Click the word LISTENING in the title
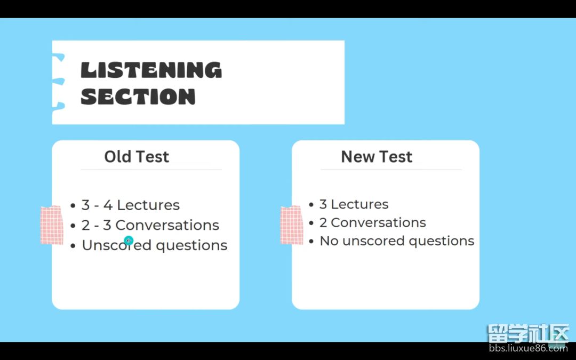click(x=151, y=70)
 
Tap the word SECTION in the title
click(x=138, y=97)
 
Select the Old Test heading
click(x=137, y=156)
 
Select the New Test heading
click(x=377, y=156)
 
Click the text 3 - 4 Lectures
click(x=131, y=205)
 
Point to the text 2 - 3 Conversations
click(x=150, y=225)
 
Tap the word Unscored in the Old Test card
click(x=116, y=245)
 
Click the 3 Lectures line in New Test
click(x=354, y=204)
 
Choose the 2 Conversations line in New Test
click(x=372, y=222)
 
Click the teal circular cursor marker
click(x=129, y=241)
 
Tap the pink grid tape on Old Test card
click(x=52, y=225)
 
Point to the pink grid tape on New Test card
click(x=292, y=225)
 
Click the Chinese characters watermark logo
click(x=528, y=333)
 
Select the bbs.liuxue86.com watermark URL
click(x=528, y=348)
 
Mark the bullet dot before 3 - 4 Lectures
click(x=73, y=205)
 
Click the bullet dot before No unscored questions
click(x=311, y=242)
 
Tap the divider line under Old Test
click(x=151, y=170)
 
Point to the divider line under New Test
click(x=391, y=170)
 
